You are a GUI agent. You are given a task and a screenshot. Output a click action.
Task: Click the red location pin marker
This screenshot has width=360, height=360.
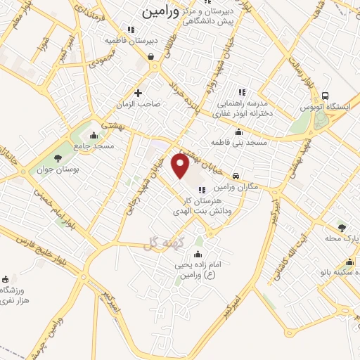[181, 165]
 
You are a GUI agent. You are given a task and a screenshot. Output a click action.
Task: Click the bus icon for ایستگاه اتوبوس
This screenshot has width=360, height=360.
[325, 96]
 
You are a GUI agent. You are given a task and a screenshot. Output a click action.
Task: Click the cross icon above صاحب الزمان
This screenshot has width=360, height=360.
[138, 92]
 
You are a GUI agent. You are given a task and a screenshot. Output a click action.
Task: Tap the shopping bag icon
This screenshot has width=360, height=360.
[151, 57]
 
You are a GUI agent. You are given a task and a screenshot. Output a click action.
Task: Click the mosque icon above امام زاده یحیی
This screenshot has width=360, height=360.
[198, 254]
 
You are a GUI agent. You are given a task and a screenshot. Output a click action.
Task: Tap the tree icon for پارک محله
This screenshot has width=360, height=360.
[342, 227]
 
